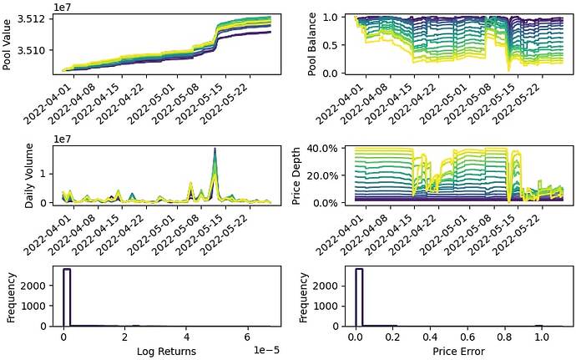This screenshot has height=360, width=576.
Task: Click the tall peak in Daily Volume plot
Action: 215,150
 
